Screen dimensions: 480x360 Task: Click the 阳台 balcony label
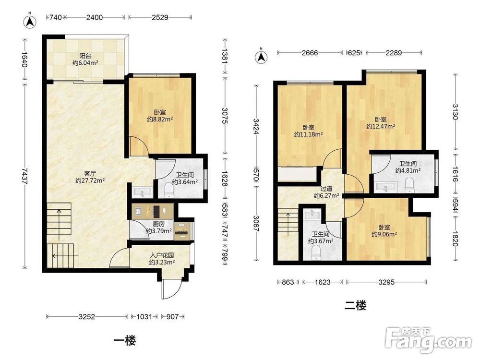(85, 56)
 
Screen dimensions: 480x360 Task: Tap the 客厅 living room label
(90, 174)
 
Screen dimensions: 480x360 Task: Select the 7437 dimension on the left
(25, 176)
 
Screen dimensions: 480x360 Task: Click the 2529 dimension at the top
(160, 17)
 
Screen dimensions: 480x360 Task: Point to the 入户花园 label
(162, 255)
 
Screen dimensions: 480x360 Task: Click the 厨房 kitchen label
(158, 224)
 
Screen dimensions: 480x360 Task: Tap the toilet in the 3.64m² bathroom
(168, 190)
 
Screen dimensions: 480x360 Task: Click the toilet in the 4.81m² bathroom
(409, 185)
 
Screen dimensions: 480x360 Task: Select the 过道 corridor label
(326, 189)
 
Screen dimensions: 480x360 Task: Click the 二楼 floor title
(355, 305)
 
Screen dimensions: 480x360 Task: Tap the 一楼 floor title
(125, 340)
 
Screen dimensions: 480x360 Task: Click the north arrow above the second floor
(261, 56)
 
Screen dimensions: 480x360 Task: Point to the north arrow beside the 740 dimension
(30, 20)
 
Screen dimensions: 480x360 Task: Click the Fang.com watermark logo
(428, 340)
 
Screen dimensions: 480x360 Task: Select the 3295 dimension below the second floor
(386, 282)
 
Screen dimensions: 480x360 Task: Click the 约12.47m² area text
(381, 126)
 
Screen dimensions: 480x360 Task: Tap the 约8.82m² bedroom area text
(160, 119)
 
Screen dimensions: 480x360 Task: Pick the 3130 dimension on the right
(456, 112)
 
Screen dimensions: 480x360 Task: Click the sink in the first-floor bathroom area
(142, 192)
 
